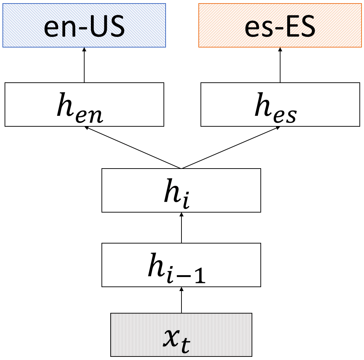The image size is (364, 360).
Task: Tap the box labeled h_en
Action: (x=84, y=104)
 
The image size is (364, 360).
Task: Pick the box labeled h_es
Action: (x=280, y=104)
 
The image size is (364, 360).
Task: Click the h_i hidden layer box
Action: (x=181, y=190)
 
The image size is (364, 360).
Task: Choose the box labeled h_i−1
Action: (x=181, y=265)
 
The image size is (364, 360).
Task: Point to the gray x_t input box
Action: (x=181, y=334)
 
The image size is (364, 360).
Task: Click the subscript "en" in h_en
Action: (x=91, y=115)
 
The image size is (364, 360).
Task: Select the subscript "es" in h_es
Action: (x=285, y=115)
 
